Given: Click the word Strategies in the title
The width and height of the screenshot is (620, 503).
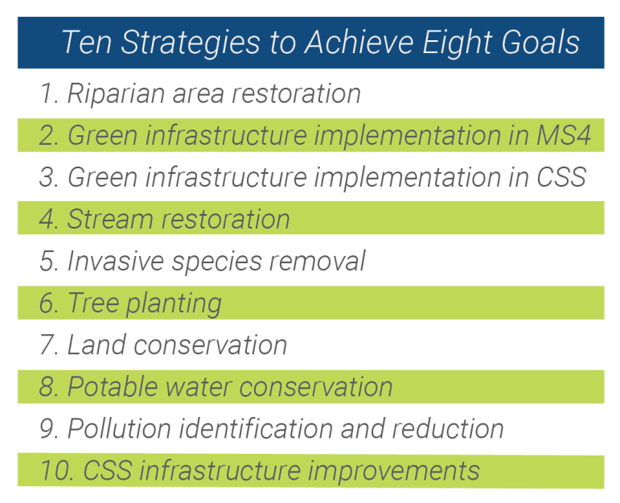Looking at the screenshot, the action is click(191, 43).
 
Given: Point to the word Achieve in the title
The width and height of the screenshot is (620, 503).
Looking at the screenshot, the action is click(359, 42).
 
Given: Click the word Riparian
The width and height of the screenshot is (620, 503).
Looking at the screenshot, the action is click(116, 95).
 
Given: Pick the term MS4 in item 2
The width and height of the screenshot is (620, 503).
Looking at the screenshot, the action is click(564, 135).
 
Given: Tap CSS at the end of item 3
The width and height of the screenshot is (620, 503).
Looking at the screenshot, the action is click(561, 177).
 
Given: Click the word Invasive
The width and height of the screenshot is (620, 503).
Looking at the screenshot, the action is click(116, 262).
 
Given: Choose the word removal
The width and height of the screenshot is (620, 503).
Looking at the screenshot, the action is click(317, 262).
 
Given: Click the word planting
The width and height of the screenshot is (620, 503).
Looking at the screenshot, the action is click(174, 304).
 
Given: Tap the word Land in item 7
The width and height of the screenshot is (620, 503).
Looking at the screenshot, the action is click(96, 344).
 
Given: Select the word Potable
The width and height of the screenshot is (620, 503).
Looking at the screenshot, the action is click(113, 386).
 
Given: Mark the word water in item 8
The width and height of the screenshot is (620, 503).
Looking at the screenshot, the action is click(199, 388).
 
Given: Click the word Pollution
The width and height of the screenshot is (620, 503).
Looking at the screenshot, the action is click(119, 429).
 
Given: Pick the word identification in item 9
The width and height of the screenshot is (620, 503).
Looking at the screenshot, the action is click(256, 429).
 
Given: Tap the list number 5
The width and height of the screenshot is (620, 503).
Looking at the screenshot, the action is click(49, 262).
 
